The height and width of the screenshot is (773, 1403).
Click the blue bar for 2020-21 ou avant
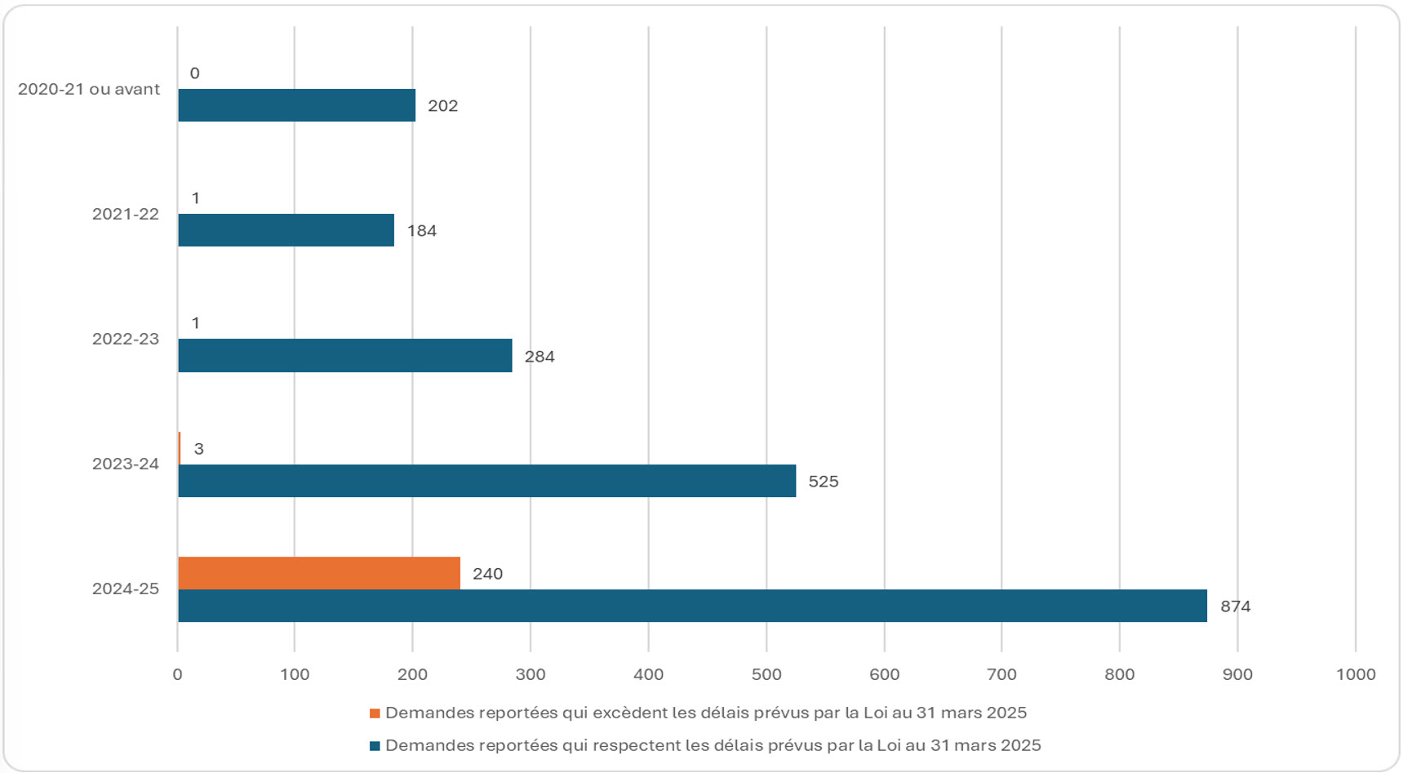tap(296, 105)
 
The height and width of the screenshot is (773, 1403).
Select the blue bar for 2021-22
tap(286, 230)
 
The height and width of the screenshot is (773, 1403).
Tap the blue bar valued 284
tap(344, 356)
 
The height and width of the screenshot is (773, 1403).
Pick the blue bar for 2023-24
tap(486, 481)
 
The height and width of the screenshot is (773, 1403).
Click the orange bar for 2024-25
tap(318, 573)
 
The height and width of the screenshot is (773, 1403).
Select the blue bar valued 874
tap(691, 606)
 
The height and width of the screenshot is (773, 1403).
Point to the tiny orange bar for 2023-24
tap(180, 448)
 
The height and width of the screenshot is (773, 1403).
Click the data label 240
tap(487, 574)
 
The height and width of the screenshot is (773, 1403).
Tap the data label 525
tap(823, 482)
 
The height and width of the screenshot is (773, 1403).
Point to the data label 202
tap(442, 106)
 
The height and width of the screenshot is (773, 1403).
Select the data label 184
tap(421, 231)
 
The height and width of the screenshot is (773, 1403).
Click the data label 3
tap(198, 449)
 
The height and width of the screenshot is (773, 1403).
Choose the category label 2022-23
tap(125, 339)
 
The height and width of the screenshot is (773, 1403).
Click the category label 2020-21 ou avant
tap(89, 89)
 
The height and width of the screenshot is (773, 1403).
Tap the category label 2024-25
tap(125, 589)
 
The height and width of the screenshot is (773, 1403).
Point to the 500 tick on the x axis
tap(766, 674)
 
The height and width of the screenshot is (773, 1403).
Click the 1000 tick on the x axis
tap(1355, 674)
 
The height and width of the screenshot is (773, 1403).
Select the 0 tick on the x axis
tap(177, 674)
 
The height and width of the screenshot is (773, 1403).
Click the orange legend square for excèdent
tap(375, 713)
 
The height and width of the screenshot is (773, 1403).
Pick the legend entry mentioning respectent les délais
tap(713, 745)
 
